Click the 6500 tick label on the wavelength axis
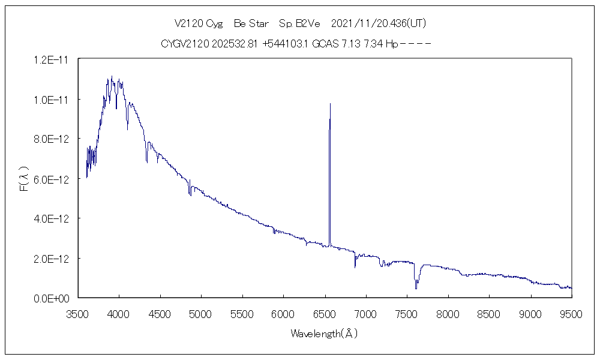325,313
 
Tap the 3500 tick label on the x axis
78,313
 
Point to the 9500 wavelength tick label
571,313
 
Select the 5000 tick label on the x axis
202,313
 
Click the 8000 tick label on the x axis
448,313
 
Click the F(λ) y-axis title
25,179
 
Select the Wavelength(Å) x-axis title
324,334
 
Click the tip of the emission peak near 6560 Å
330,104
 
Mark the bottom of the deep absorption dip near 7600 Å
416,289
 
